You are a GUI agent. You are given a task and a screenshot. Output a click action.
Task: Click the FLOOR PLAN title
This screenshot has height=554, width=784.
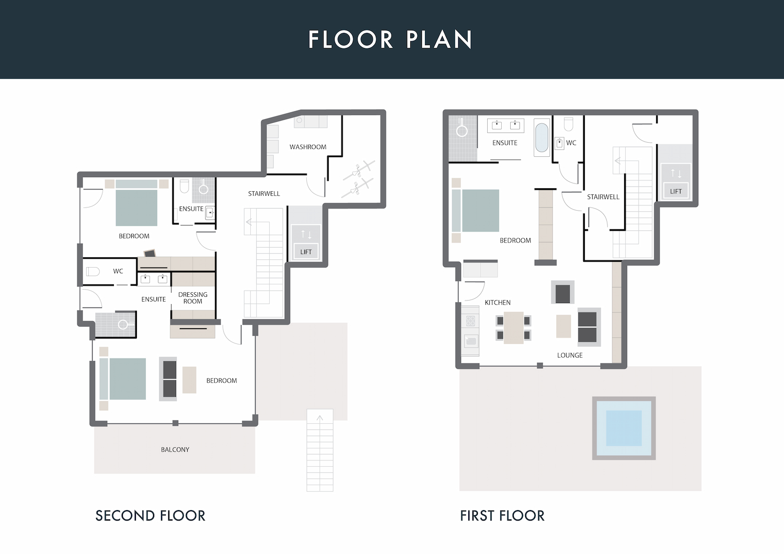(x=390, y=39)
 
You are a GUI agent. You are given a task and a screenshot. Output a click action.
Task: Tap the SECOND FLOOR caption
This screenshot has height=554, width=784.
(x=150, y=516)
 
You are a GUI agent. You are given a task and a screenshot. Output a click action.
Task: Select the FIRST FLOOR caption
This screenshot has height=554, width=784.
(x=502, y=516)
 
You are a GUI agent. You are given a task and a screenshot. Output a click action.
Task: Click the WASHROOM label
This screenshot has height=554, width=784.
(x=308, y=147)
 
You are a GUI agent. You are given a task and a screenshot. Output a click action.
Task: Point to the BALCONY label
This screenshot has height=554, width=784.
(x=175, y=449)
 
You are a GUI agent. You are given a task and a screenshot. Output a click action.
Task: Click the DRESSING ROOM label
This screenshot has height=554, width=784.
(x=193, y=298)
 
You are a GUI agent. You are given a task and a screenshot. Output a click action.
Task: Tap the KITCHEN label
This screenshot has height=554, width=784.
(x=498, y=303)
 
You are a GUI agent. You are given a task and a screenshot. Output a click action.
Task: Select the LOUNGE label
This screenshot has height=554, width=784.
(x=570, y=355)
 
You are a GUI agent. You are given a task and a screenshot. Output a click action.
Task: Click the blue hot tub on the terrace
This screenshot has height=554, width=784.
(x=624, y=428)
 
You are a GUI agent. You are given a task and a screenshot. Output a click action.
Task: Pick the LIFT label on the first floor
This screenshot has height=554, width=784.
(x=676, y=191)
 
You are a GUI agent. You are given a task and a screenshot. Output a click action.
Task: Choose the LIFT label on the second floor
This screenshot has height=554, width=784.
(x=306, y=252)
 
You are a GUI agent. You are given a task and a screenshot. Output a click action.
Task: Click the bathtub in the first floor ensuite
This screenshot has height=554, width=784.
(x=541, y=137)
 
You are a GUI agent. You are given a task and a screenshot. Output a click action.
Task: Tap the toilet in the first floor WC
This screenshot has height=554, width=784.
(x=569, y=124)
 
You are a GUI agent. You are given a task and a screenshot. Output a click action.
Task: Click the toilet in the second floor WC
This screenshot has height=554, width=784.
(x=93, y=271)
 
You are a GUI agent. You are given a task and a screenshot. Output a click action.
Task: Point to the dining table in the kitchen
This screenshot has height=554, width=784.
(x=514, y=328)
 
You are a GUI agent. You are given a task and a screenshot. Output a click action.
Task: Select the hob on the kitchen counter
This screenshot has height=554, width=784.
(x=470, y=320)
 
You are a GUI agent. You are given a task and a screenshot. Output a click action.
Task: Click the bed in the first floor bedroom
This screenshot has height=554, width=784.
(x=475, y=211)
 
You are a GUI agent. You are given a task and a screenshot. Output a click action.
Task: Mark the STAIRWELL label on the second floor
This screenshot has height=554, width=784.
(x=264, y=193)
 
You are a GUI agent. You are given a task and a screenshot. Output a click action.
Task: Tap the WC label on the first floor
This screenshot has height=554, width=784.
(x=571, y=143)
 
